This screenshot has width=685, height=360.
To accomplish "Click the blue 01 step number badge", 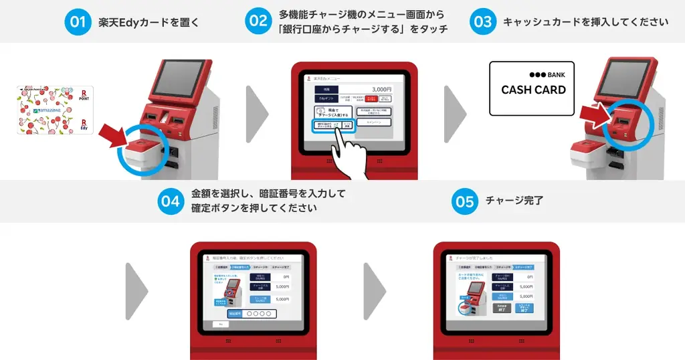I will click(x=78, y=21).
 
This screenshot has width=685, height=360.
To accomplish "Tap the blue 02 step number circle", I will click(x=258, y=21).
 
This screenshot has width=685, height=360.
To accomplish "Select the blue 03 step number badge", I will click(x=482, y=21).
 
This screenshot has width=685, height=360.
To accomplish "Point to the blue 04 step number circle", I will click(x=170, y=201).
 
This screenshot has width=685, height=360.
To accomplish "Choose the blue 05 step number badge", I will click(x=464, y=201).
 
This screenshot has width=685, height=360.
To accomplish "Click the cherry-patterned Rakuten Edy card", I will click(x=56, y=110).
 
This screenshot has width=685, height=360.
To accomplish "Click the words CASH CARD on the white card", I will click(x=533, y=90).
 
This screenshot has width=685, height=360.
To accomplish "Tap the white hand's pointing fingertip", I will click(x=340, y=130).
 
